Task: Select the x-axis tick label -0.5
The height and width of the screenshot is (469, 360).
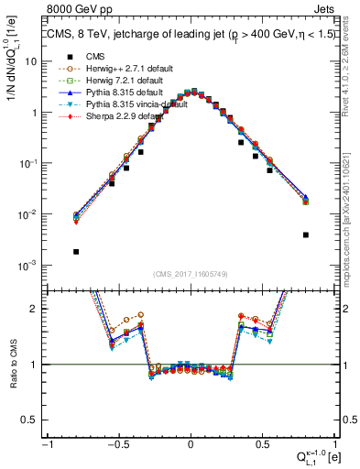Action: coord(117,444)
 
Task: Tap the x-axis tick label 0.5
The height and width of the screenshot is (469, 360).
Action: coord(262,444)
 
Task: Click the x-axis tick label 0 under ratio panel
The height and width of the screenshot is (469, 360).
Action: coord(191,444)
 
